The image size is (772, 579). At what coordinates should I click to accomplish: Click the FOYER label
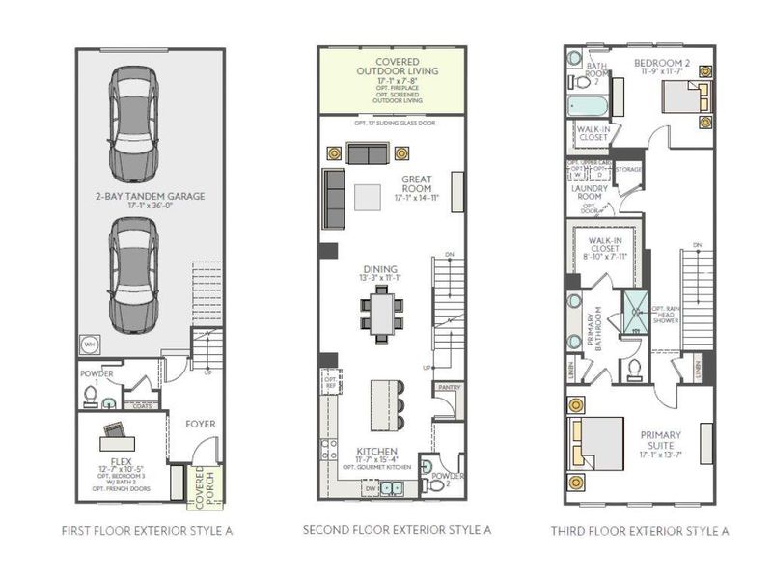[201, 424]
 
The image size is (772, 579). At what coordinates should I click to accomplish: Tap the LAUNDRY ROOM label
[590, 192]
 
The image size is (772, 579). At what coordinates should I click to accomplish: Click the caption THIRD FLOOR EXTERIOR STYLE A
[639, 530]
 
